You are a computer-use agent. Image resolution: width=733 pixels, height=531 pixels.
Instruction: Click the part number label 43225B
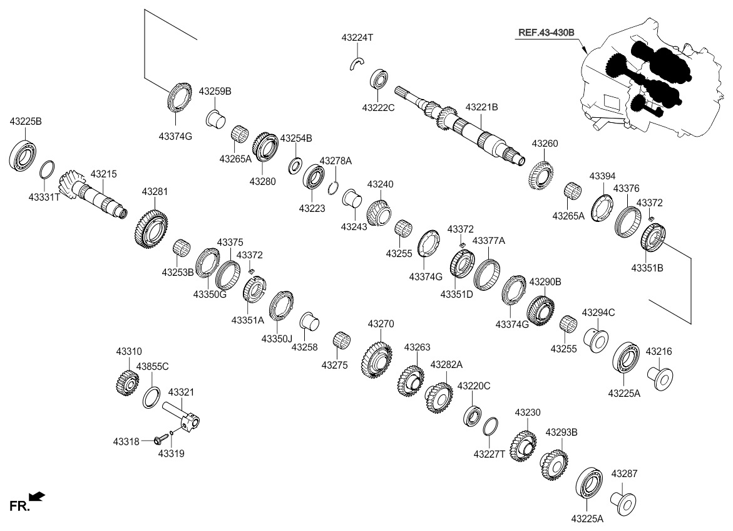click(25, 121)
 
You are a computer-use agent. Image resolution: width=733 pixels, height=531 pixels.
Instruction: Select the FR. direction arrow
click(37, 497)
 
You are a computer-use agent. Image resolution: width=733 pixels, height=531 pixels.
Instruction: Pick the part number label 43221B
click(481, 107)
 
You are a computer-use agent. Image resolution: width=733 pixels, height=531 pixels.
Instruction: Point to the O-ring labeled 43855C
click(151, 398)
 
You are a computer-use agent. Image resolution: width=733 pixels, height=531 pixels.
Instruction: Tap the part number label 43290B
click(545, 282)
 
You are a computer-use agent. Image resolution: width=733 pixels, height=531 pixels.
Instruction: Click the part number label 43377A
click(488, 241)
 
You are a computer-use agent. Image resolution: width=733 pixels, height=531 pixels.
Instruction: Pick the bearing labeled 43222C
click(379, 79)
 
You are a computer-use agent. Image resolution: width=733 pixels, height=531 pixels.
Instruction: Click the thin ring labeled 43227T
click(491, 427)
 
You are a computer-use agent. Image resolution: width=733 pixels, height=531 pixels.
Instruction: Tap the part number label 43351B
click(647, 269)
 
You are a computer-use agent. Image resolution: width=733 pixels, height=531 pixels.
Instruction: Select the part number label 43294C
click(598, 312)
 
